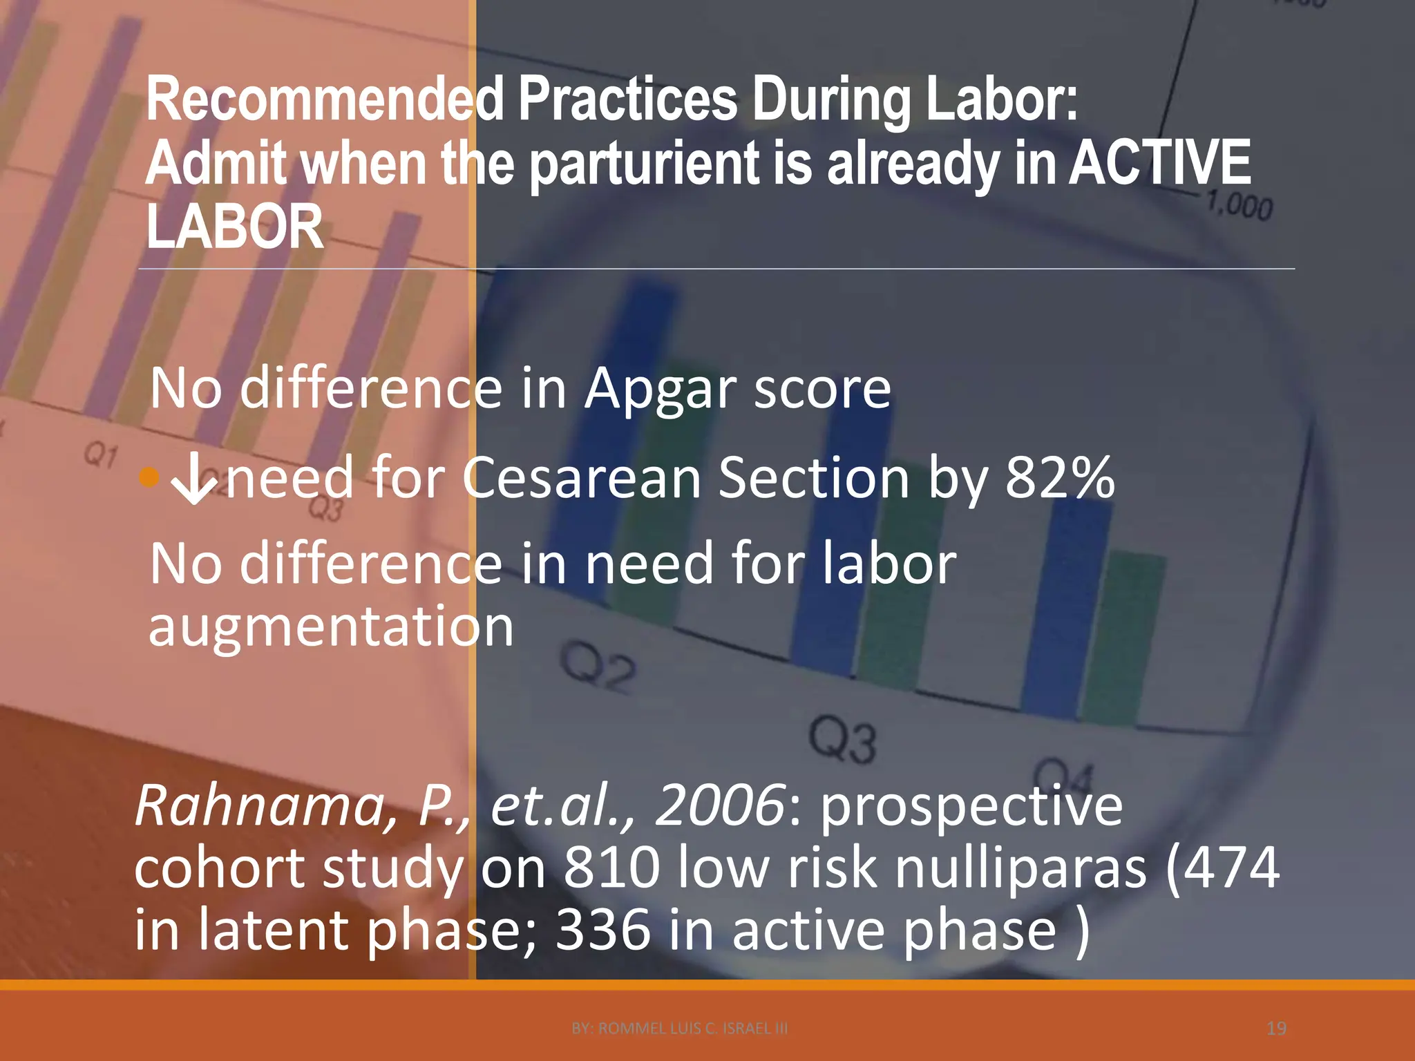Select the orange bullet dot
(149, 477)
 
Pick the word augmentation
(331, 627)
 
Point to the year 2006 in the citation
(719, 805)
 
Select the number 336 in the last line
(602, 930)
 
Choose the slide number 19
(1276, 1029)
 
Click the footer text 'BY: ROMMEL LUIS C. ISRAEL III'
(680, 1029)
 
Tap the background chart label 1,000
(1240, 207)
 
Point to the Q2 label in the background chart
(598, 668)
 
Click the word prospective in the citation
(971, 805)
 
